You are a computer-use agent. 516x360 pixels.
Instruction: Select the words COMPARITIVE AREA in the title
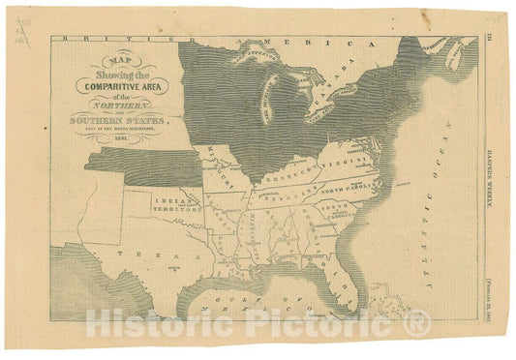tap(123, 84)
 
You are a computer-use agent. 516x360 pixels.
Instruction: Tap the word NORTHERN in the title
tap(128, 105)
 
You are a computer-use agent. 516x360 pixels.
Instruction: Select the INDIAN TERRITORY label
tap(172, 206)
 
